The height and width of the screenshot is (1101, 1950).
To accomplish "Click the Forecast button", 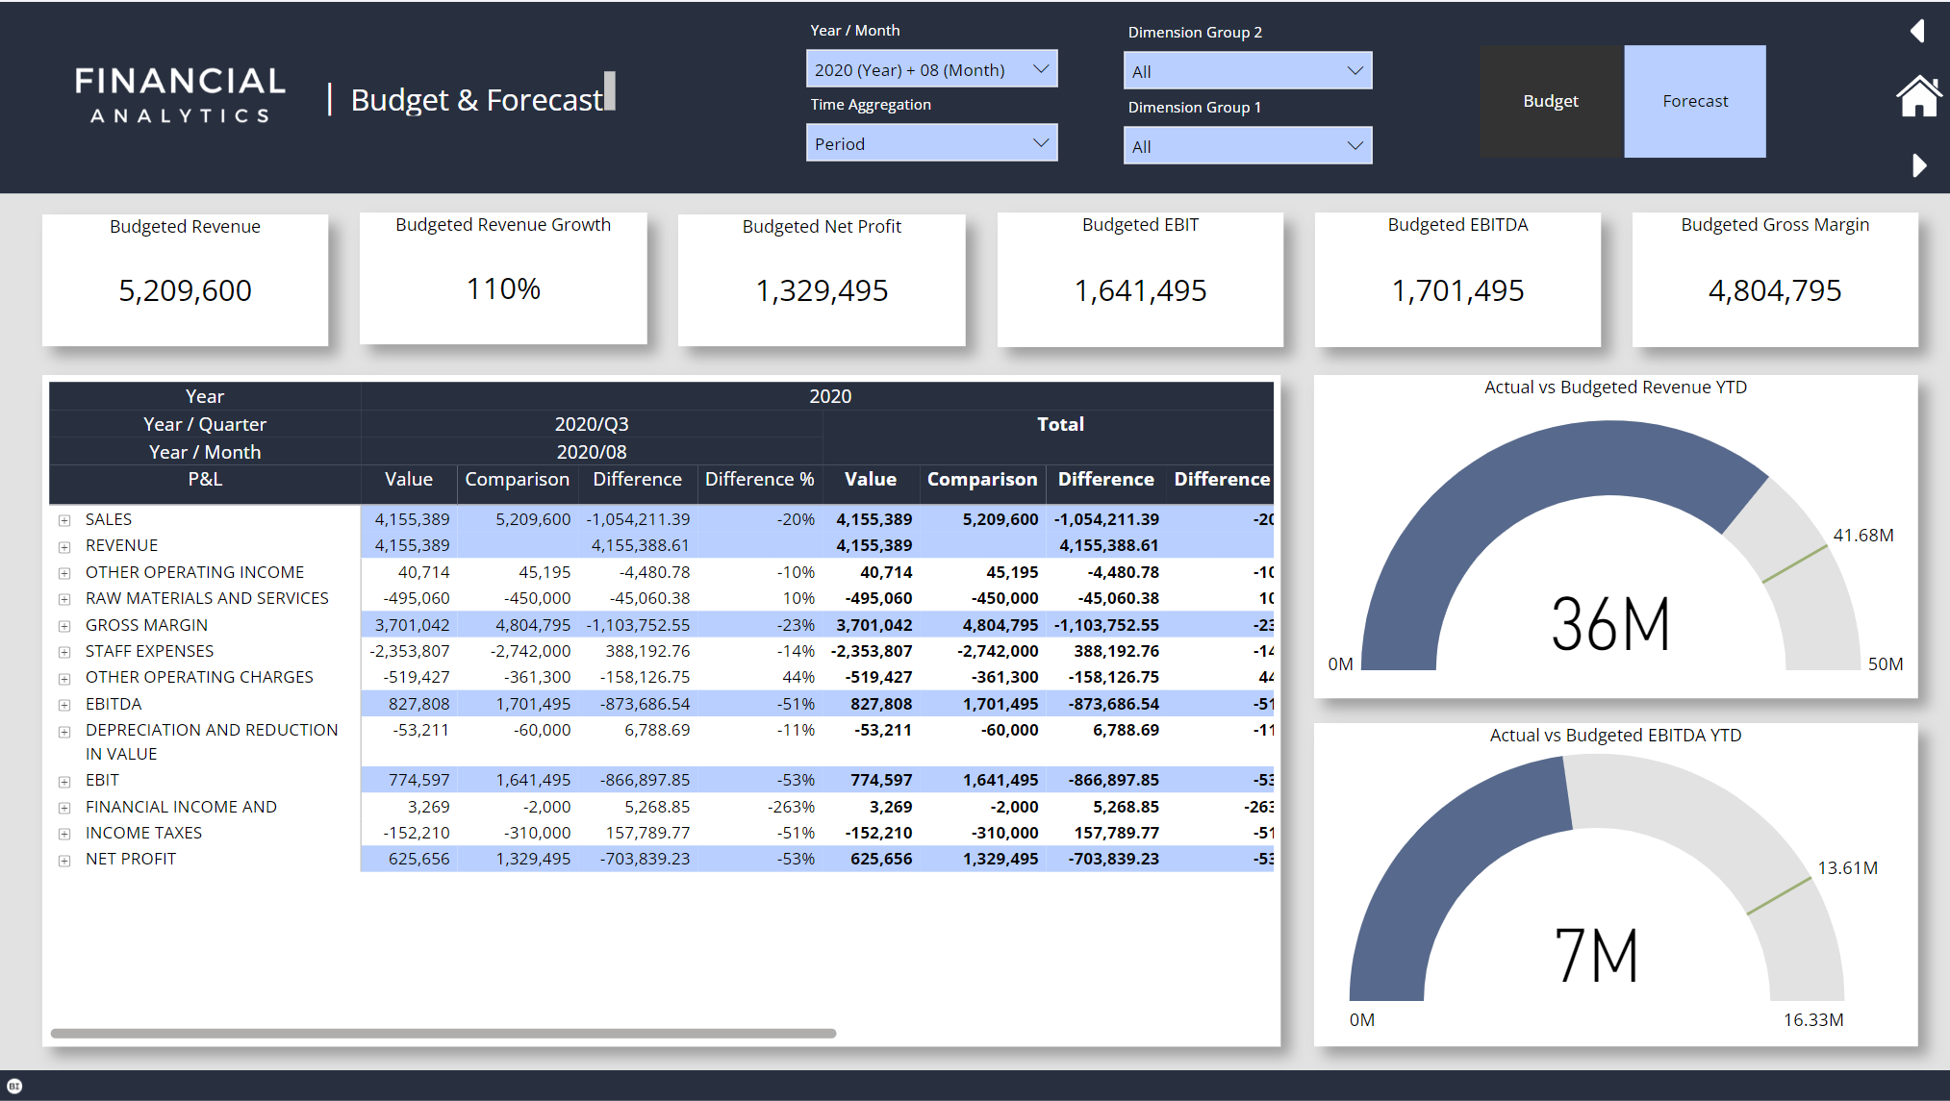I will [1694, 101].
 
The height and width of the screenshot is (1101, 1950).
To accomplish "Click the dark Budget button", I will [1551, 101].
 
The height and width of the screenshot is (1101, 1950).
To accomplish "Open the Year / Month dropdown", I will [930, 69].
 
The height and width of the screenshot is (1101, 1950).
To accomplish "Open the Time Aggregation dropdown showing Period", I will [930, 143].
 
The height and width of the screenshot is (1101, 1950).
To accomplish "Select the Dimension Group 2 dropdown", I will [1247, 71].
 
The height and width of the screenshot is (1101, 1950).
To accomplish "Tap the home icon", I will [1918, 96].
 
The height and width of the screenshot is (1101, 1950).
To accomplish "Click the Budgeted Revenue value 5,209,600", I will [185, 290].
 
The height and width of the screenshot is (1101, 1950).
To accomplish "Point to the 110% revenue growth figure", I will [503, 288].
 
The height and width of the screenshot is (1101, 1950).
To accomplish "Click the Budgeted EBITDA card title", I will [1457, 225].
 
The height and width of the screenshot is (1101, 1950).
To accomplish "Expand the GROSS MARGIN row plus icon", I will [64, 626].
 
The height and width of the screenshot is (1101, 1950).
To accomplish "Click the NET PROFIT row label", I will [131, 859].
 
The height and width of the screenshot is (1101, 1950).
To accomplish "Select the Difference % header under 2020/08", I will [759, 479].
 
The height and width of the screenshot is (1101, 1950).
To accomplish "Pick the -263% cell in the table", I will [791, 807].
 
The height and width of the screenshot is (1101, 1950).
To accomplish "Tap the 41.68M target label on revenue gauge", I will [1862, 536].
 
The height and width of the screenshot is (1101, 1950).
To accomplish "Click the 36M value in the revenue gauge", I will [1610, 625].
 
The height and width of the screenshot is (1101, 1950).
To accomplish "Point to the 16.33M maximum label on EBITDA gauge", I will [1812, 1019].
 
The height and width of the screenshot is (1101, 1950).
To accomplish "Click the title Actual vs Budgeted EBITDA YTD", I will [1615, 736].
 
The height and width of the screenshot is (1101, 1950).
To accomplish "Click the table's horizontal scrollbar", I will [443, 1034].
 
